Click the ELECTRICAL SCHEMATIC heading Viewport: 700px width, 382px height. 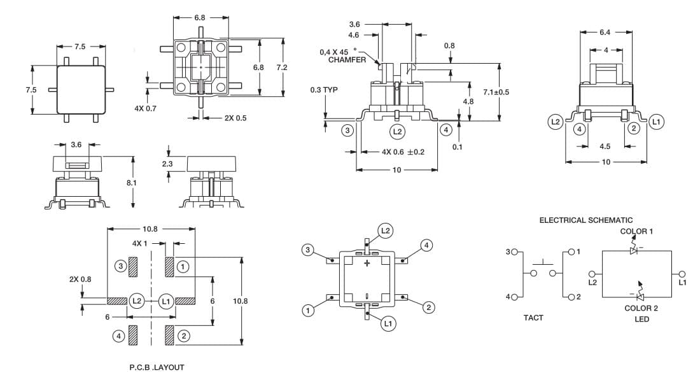tap(585, 220)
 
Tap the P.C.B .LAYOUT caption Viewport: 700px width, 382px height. tap(157, 367)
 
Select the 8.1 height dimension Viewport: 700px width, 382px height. tap(131, 183)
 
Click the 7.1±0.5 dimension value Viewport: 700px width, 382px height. tap(496, 92)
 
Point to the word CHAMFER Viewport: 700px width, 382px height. tap(347, 60)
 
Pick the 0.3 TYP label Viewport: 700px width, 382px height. tap(324, 90)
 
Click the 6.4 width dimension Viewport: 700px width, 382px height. tap(605, 32)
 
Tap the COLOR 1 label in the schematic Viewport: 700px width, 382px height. tap(636, 232)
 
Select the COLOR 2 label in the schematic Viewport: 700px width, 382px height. tap(641, 308)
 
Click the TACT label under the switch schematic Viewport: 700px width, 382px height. tap(533, 318)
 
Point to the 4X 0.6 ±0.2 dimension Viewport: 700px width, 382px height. tap(403, 152)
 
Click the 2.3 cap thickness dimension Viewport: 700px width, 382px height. tap(167, 164)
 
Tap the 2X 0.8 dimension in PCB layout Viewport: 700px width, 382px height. tap(80, 279)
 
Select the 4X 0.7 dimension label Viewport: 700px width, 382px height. tap(146, 108)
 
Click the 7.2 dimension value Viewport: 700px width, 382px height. tap(282, 67)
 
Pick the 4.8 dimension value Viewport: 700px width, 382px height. tap(468, 101)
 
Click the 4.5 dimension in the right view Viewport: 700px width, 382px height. tap(605, 146)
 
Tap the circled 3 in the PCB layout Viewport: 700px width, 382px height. tap(120, 266)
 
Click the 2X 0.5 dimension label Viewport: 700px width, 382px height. tap(235, 118)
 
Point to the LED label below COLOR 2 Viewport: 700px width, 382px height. tap(642, 319)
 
